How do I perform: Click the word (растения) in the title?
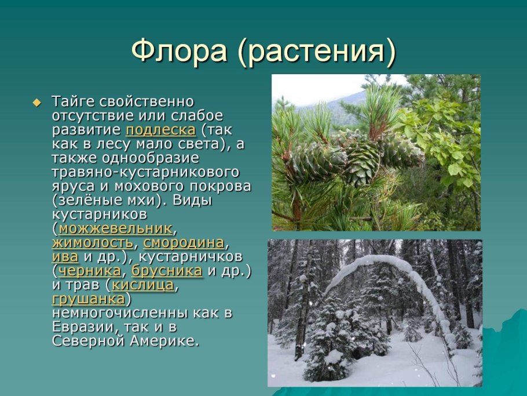pos(316,52)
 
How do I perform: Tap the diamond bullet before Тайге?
pos(38,103)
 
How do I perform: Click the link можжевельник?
pos(115,227)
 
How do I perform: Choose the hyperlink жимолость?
pos(93,242)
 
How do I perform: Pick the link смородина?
pos(184,242)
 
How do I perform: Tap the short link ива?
pos(64,256)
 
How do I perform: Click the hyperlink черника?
pos(89,270)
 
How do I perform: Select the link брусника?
pos(166,270)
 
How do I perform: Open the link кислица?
pos(142,285)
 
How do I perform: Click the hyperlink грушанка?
pos(88,299)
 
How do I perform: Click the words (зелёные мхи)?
pos(104,201)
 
